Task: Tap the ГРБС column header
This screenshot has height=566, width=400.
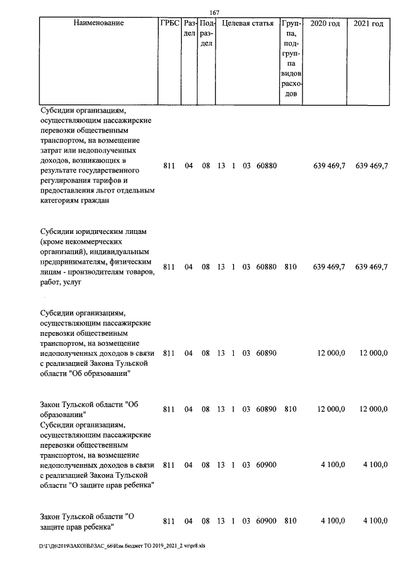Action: [169, 24]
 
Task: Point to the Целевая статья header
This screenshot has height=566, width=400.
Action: [248, 24]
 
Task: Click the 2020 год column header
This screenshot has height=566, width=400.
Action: [325, 24]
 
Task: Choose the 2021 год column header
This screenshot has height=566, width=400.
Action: [369, 24]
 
